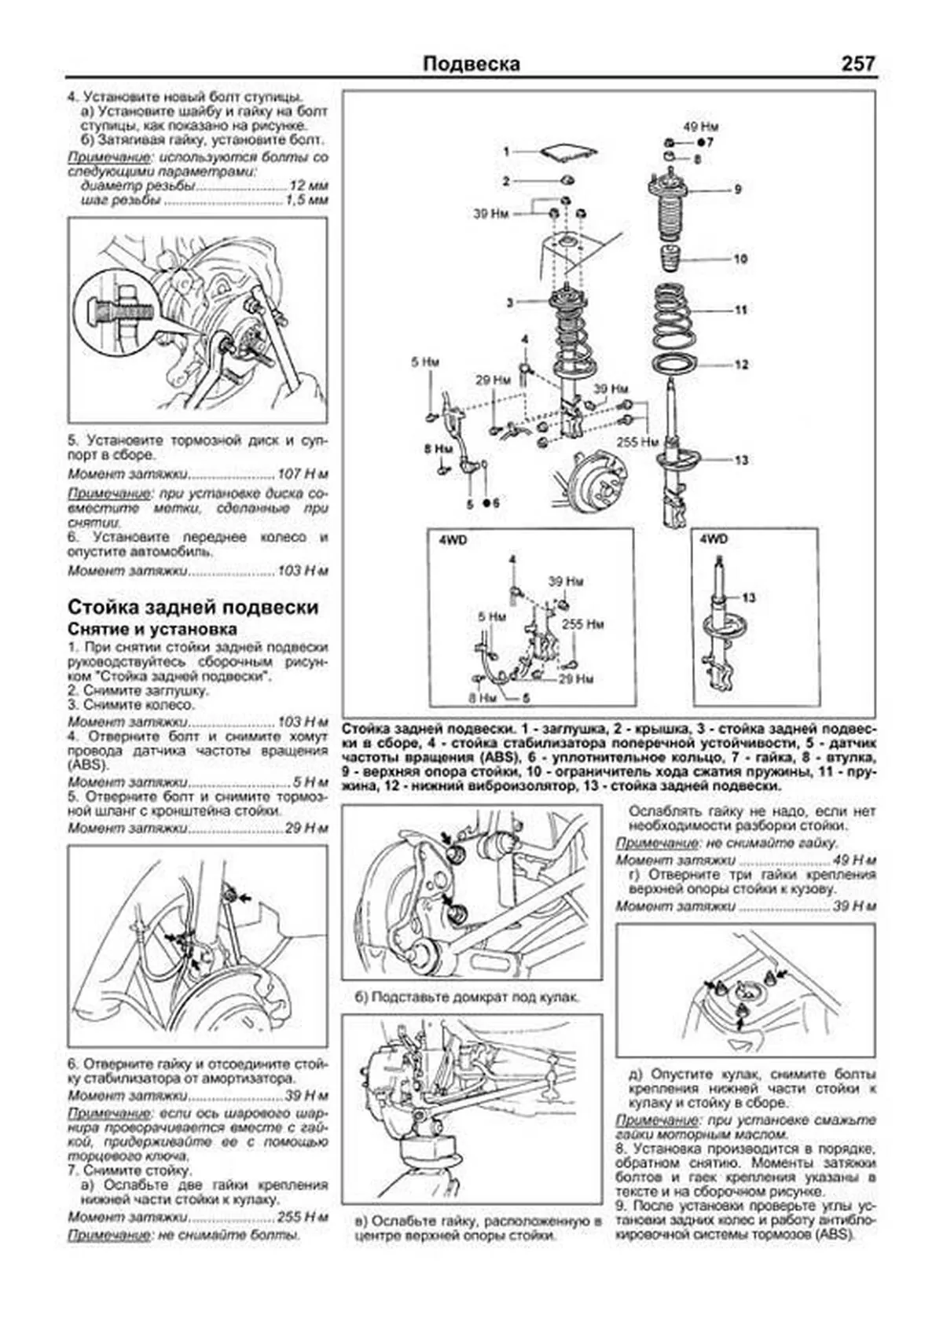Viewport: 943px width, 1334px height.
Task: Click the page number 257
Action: [x=857, y=64]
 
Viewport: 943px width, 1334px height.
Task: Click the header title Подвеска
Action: [x=471, y=64]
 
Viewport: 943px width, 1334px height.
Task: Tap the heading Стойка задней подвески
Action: [x=193, y=608]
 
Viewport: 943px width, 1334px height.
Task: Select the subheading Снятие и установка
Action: [x=152, y=629]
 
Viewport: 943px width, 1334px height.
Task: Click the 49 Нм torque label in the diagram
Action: [x=701, y=127]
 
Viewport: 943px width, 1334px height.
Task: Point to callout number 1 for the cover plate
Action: [x=507, y=151]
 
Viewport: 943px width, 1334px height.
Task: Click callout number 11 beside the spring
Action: [x=740, y=311]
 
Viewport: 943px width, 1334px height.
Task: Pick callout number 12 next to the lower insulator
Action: [x=741, y=365]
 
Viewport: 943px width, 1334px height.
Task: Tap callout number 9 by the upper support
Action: [x=737, y=189]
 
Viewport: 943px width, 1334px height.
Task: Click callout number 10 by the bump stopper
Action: [x=739, y=259]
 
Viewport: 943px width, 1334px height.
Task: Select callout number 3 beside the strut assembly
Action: [x=509, y=303]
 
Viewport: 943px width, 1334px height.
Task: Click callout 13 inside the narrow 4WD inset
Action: [x=748, y=598]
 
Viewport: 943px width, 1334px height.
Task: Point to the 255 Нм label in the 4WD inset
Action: [x=583, y=625]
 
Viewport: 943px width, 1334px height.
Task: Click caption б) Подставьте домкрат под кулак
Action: [x=468, y=998]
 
